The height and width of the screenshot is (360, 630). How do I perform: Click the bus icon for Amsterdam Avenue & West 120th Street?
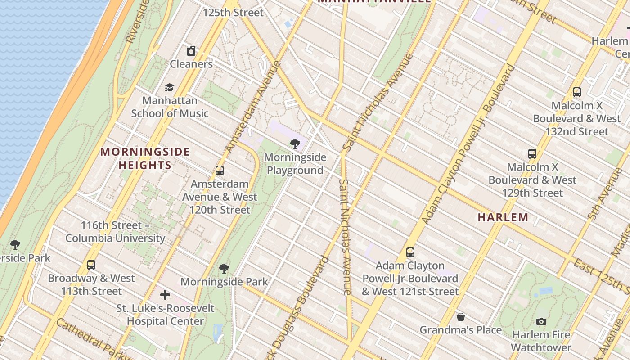(220, 171)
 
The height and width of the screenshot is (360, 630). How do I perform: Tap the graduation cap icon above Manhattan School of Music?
(169, 87)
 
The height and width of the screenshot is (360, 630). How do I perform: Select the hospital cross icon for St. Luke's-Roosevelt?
(165, 295)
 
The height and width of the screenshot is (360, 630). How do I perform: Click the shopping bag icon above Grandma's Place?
(460, 317)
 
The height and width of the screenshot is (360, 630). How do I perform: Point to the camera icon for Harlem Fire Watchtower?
(541, 321)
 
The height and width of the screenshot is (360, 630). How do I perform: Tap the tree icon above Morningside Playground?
(295, 144)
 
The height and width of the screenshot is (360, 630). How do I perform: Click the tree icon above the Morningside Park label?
(224, 269)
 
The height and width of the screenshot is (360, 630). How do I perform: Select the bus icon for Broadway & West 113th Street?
(91, 265)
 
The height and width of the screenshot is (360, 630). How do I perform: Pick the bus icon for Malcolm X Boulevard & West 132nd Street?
(576, 92)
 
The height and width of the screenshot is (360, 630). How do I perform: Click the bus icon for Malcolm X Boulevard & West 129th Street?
(532, 153)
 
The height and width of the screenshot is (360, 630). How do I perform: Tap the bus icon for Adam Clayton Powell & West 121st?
(410, 252)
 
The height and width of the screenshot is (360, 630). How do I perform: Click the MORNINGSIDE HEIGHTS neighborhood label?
(145, 158)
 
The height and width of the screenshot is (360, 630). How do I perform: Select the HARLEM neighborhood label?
(503, 217)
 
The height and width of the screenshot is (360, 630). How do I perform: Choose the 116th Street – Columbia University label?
(115, 232)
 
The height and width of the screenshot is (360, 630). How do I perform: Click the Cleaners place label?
(191, 64)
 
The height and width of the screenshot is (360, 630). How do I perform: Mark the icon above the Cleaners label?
(191, 51)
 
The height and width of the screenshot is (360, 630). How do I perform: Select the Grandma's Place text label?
(460, 330)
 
